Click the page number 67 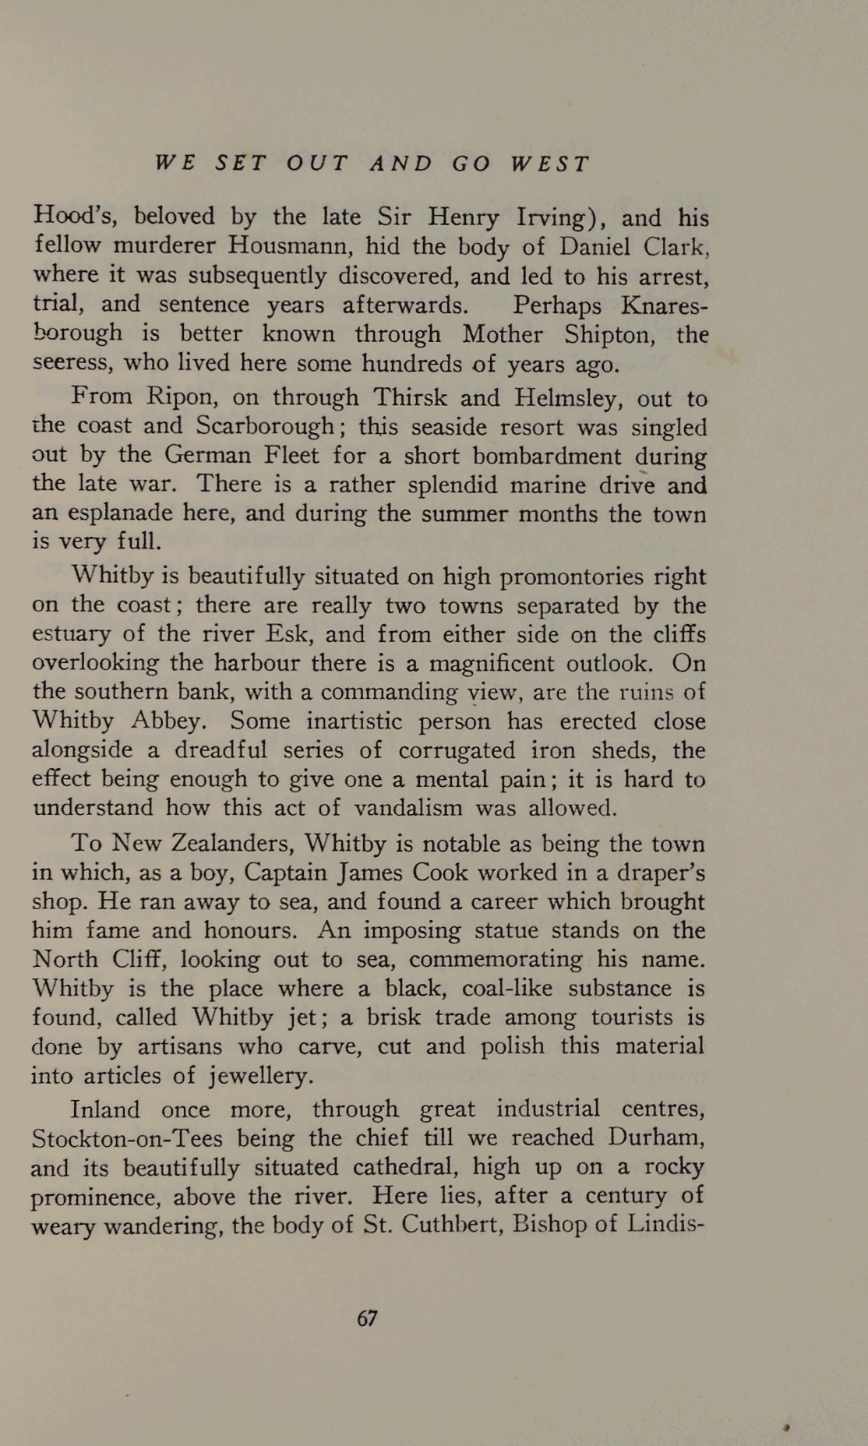coord(367,1318)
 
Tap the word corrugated coord(457,750)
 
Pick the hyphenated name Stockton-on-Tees coord(127,1139)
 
